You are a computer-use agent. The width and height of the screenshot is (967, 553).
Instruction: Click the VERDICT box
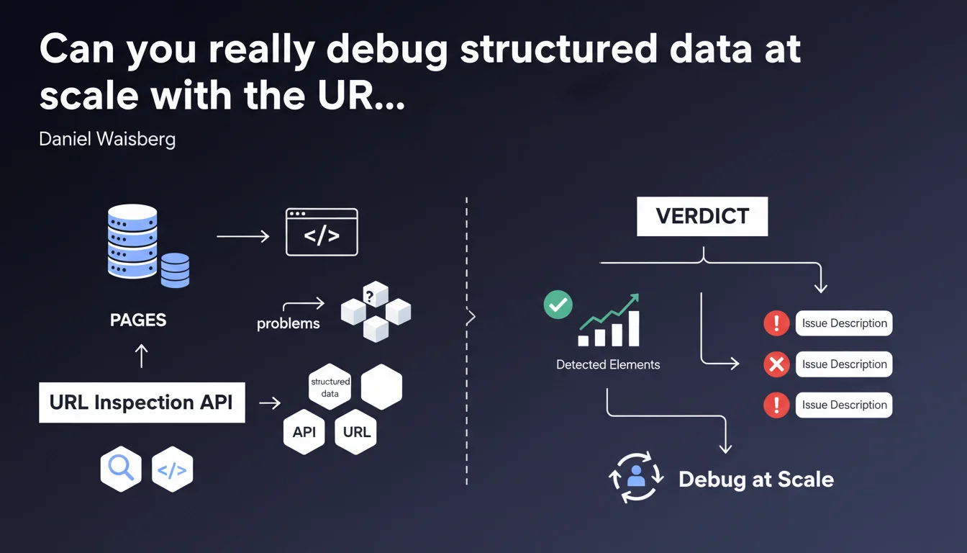[x=702, y=216]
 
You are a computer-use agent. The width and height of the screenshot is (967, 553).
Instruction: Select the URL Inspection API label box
[x=141, y=403]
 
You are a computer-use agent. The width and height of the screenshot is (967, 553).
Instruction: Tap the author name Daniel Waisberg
[x=107, y=138]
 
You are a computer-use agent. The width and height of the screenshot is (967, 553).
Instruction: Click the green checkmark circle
[x=558, y=305]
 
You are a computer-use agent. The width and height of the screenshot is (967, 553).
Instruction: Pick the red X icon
[x=776, y=364]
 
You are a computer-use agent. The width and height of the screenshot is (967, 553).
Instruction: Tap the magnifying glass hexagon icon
[x=121, y=469]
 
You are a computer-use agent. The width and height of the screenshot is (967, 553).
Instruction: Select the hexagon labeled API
[x=304, y=432]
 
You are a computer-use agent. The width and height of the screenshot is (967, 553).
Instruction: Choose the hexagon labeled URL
[x=357, y=432]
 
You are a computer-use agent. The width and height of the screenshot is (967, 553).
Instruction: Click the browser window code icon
[x=322, y=232]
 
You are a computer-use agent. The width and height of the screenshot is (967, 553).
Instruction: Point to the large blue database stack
[x=132, y=241]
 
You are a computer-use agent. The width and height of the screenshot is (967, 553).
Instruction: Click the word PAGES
[x=138, y=320]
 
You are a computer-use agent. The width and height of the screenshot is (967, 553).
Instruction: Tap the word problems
[x=289, y=323]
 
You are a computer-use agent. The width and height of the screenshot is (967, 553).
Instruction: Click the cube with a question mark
[x=375, y=295]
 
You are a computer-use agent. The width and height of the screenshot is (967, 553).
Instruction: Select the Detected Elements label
[x=608, y=365]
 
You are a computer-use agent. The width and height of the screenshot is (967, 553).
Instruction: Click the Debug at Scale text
[x=756, y=480]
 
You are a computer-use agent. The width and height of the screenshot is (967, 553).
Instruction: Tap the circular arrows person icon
[x=636, y=476]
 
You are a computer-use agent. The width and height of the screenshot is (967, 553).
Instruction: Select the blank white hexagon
[x=381, y=387]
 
